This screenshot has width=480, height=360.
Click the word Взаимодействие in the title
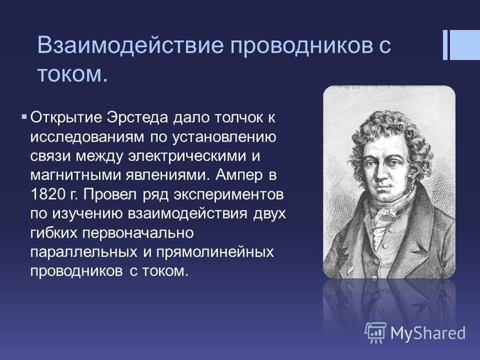[x=131, y=45]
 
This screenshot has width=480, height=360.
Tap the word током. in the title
[x=73, y=74]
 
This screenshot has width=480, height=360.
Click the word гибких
[x=53, y=233]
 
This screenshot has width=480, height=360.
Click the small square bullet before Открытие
[x=24, y=116]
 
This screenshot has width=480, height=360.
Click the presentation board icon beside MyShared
[x=376, y=332]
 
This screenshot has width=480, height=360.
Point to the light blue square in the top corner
[x=464, y=45]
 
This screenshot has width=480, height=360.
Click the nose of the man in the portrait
[x=383, y=175]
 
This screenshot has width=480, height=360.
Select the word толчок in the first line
[x=235, y=118]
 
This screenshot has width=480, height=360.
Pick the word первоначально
[x=138, y=233]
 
